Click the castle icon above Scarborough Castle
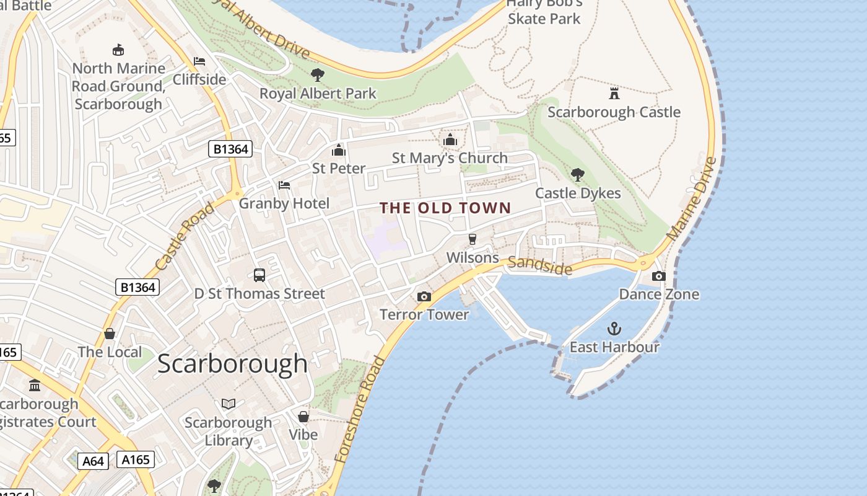(614, 94)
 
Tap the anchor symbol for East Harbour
(614, 329)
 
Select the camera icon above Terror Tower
(424, 296)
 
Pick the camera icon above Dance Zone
(659, 276)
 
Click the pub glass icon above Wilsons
(473, 239)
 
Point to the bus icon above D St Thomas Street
(259, 275)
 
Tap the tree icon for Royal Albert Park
(318, 75)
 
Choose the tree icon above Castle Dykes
(578, 175)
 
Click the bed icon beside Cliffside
(199, 61)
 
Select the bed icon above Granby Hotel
(284, 185)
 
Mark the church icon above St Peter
(339, 150)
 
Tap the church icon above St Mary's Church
(450, 139)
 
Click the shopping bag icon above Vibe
(303, 417)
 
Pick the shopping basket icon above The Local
(110, 334)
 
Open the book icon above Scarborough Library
(229, 404)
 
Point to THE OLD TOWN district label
(445, 208)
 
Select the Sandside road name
(540, 265)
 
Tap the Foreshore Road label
(360, 410)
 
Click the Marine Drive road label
(692, 200)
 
